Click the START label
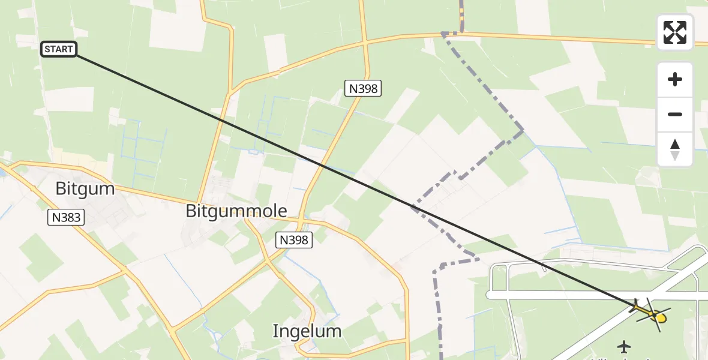point(59,49)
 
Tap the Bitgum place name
point(85,189)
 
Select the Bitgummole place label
point(236,211)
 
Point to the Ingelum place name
point(307,331)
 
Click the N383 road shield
point(66,217)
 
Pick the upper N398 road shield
point(363,89)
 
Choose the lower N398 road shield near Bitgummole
point(294,240)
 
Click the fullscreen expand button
point(675,32)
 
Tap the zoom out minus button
point(675,114)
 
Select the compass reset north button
point(675,149)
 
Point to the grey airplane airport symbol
point(624,346)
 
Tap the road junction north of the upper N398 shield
point(365,43)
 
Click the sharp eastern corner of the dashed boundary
point(523,130)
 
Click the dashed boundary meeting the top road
point(445,34)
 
